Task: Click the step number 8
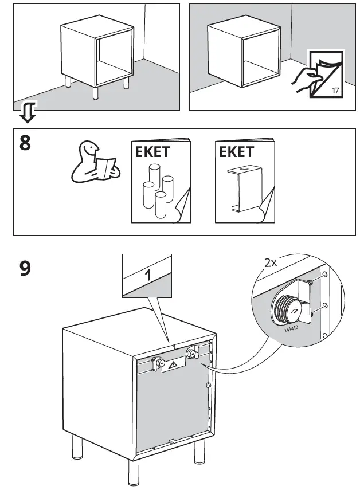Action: click(x=25, y=142)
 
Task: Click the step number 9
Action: click(x=25, y=268)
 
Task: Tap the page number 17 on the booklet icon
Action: click(x=335, y=91)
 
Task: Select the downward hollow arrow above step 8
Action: click(x=27, y=112)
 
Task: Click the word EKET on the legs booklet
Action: click(x=152, y=152)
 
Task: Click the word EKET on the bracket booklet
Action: click(x=236, y=152)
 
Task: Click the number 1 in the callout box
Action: click(x=148, y=275)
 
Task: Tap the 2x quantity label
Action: click(x=271, y=263)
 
